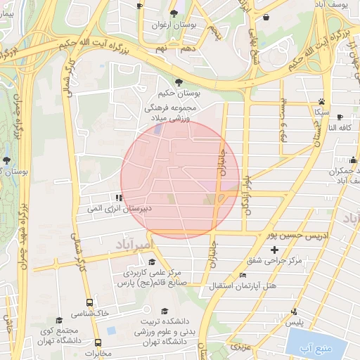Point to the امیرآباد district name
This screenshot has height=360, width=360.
[132, 243]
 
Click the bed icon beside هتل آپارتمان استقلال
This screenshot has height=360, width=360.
[243, 275]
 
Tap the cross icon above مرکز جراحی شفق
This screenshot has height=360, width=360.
[274, 250]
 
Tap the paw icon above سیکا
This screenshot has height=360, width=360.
[321, 101]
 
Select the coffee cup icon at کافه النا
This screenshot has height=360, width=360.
[340, 117]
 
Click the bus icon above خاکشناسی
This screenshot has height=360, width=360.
[88, 302]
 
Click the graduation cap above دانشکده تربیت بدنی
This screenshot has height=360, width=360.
[165, 311]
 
